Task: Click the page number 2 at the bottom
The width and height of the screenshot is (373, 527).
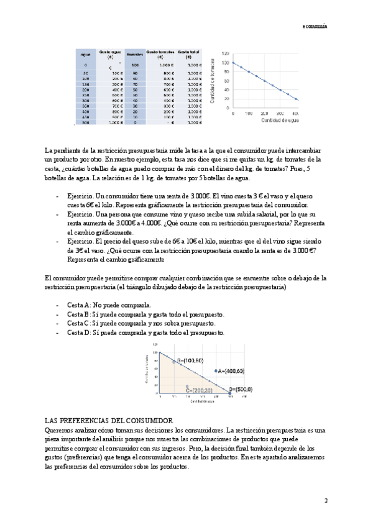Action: point(325,500)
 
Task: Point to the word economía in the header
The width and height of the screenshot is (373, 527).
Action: point(315,27)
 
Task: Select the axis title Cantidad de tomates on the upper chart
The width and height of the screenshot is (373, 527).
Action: point(214,80)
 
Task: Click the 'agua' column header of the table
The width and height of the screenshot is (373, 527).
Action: point(86,55)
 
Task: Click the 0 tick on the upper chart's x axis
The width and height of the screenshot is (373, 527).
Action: point(233,114)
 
